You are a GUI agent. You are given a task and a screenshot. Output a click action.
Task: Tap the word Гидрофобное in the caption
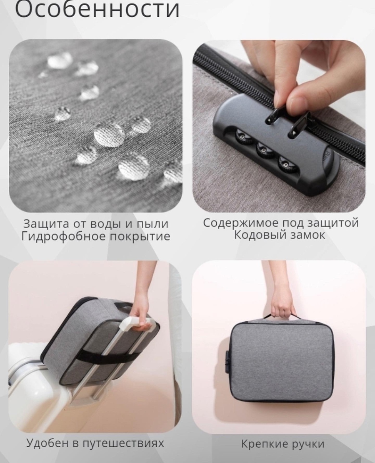coord(62,236)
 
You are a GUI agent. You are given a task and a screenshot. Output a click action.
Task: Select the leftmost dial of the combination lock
coord(242,137)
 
